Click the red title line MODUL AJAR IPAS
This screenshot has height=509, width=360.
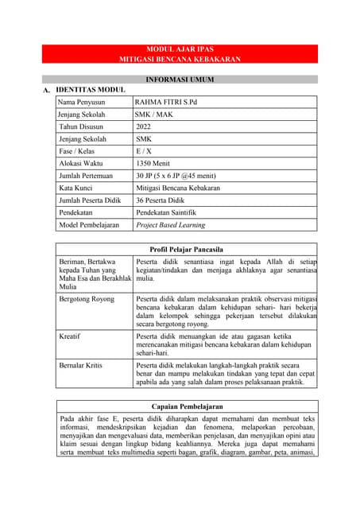click(x=180, y=49)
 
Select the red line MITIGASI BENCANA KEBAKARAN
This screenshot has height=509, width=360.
click(x=180, y=60)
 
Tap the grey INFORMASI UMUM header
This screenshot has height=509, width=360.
click(x=180, y=80)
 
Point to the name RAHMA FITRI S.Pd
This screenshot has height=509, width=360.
click(x=165, y=103)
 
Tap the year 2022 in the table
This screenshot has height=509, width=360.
click(x=143, y=126)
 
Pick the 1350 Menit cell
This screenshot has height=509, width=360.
click(x=152, y=163)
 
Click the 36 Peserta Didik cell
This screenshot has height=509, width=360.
click(x=160, y=200)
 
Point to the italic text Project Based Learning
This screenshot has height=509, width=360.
click(x=170, y=225)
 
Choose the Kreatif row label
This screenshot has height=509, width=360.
click(x=70, y=336)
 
